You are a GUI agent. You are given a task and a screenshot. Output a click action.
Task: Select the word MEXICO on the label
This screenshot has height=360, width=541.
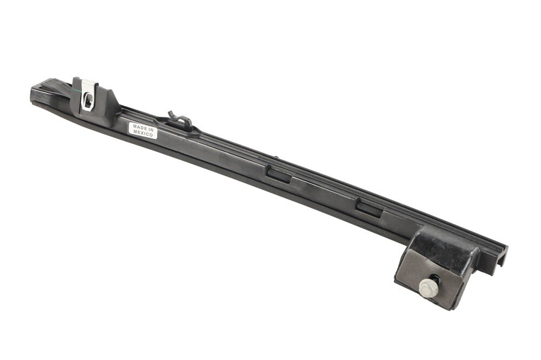point(143,134)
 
